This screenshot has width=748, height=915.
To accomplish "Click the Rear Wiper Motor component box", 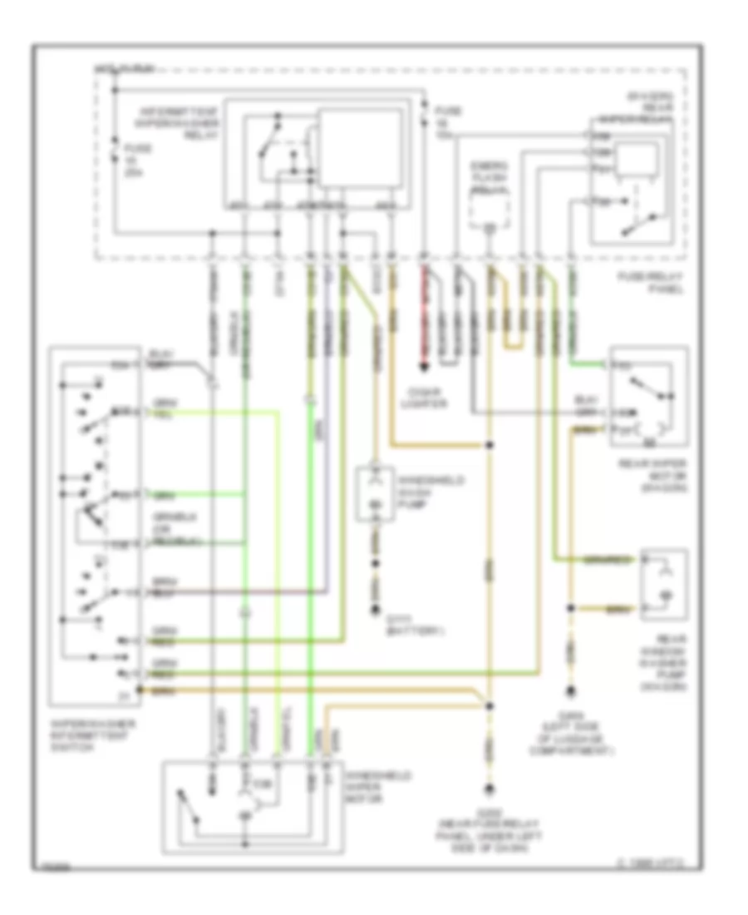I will pos(648,398).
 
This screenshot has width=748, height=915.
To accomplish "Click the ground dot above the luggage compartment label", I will pos(570,690).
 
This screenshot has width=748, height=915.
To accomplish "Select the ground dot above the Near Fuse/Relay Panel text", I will pos(490,789).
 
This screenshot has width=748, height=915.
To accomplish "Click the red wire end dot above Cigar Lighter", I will pos(423,366).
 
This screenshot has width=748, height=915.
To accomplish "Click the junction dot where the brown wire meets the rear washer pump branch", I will pos(570,610).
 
